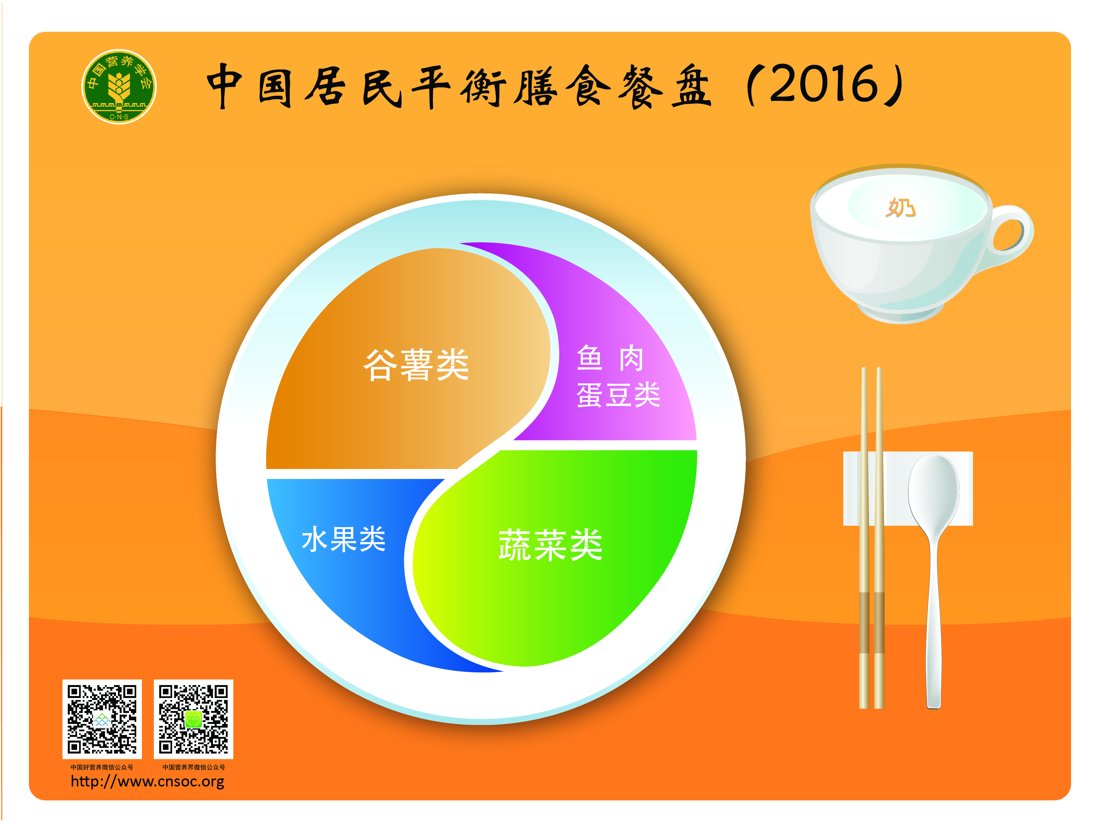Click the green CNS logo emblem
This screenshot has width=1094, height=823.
(x=119, y=86)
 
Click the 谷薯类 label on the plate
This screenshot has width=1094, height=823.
(x=416, y=365)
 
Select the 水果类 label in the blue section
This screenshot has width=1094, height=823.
(x=343, y=538)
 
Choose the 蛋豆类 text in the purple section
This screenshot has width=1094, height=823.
(x=618, y=395)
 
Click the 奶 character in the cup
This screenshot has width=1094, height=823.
(x=901, y=208)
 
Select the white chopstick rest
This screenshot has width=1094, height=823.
(x=908, y=489)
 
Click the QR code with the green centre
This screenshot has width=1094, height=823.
(x=193, y=719)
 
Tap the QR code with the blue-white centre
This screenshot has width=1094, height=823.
(x=102, y=719)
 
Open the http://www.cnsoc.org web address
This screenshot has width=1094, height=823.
(x=147, y=781)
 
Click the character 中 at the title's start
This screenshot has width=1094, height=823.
(x=225, y=86)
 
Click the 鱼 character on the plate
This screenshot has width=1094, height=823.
(x=590, y=358)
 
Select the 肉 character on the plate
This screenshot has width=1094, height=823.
(x=631, y=358)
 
